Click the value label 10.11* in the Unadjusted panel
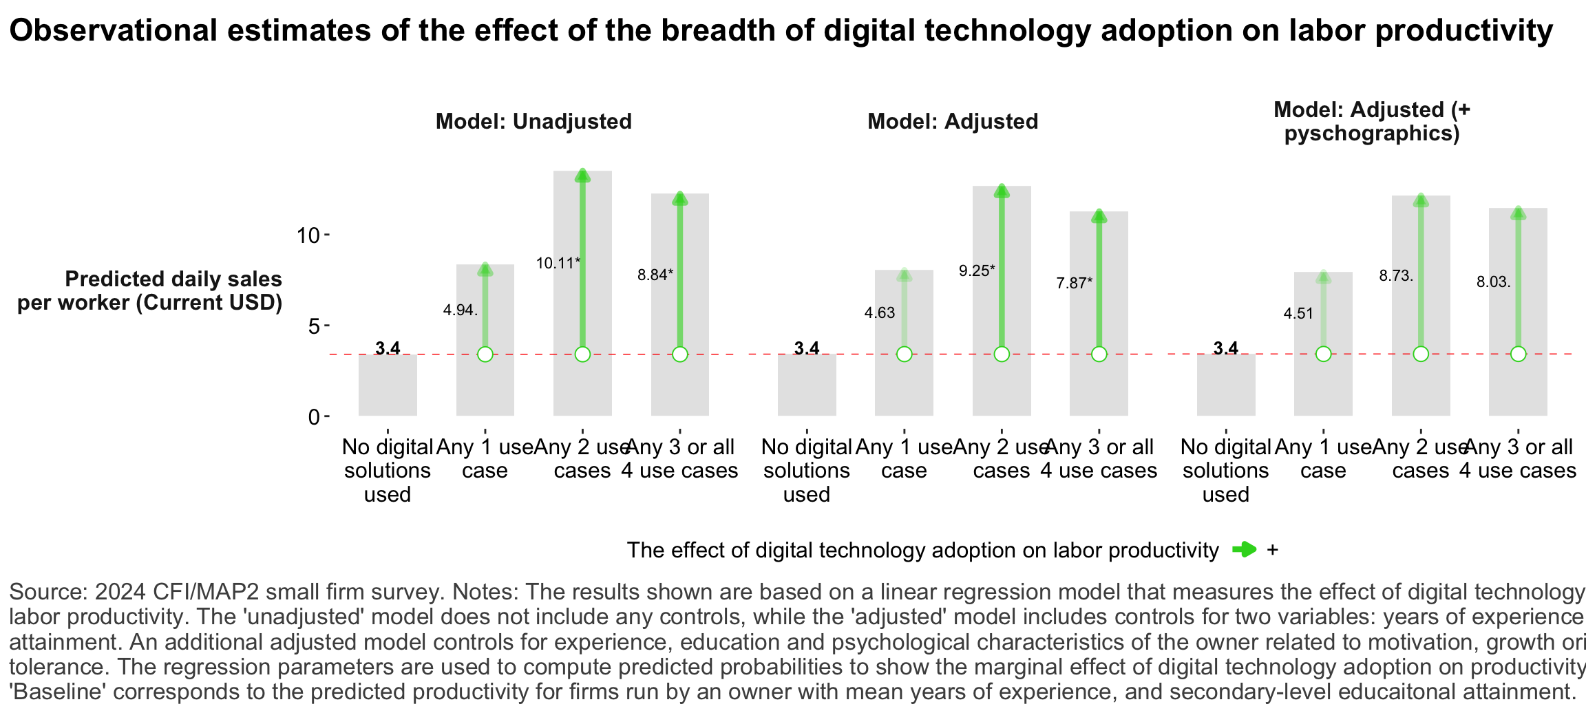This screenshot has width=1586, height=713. (558, 263)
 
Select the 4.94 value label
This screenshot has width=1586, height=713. (460, 310)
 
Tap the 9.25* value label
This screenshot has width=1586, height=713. (976, 270)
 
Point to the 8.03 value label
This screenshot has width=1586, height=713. (1493, 282)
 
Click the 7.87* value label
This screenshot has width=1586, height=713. (1074, 283)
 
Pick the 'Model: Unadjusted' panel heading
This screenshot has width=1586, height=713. (533, 122)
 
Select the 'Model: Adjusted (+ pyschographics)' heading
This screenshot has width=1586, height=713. (1371, 121)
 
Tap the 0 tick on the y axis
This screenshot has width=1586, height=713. (314, 417)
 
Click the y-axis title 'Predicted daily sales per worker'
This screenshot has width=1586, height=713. (150, 290)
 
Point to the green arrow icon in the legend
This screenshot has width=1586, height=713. (1244, 549)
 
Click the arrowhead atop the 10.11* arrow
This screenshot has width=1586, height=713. (582, 175)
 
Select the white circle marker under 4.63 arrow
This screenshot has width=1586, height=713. (904, 354)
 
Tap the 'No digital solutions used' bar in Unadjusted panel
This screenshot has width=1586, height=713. (388, 385)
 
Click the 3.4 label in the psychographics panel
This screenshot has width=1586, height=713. (1225, 348)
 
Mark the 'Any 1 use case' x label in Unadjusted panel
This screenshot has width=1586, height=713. (485, 459)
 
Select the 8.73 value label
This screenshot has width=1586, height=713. (1395, 276)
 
